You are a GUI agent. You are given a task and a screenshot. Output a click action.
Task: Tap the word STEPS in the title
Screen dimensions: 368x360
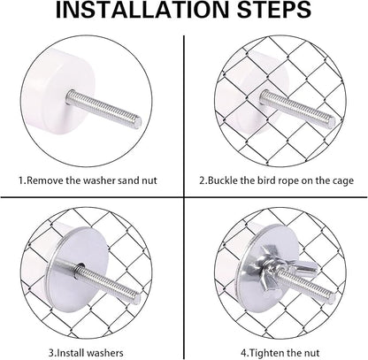(x=274, y=10)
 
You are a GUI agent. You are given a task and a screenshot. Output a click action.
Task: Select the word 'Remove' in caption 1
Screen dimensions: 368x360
(x=45, y=180)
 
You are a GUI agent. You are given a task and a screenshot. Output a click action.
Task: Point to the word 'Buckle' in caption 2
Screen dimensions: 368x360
(x=223, y=180)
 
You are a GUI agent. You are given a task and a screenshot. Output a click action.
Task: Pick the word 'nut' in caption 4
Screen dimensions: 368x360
(x=311, y=353)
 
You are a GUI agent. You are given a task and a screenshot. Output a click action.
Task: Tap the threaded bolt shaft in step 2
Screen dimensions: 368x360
(x=298, y=107)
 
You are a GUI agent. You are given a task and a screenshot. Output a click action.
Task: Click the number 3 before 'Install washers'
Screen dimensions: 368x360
(x=51, y=353)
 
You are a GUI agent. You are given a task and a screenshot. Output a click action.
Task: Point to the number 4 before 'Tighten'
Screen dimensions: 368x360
(x=243, y=353)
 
